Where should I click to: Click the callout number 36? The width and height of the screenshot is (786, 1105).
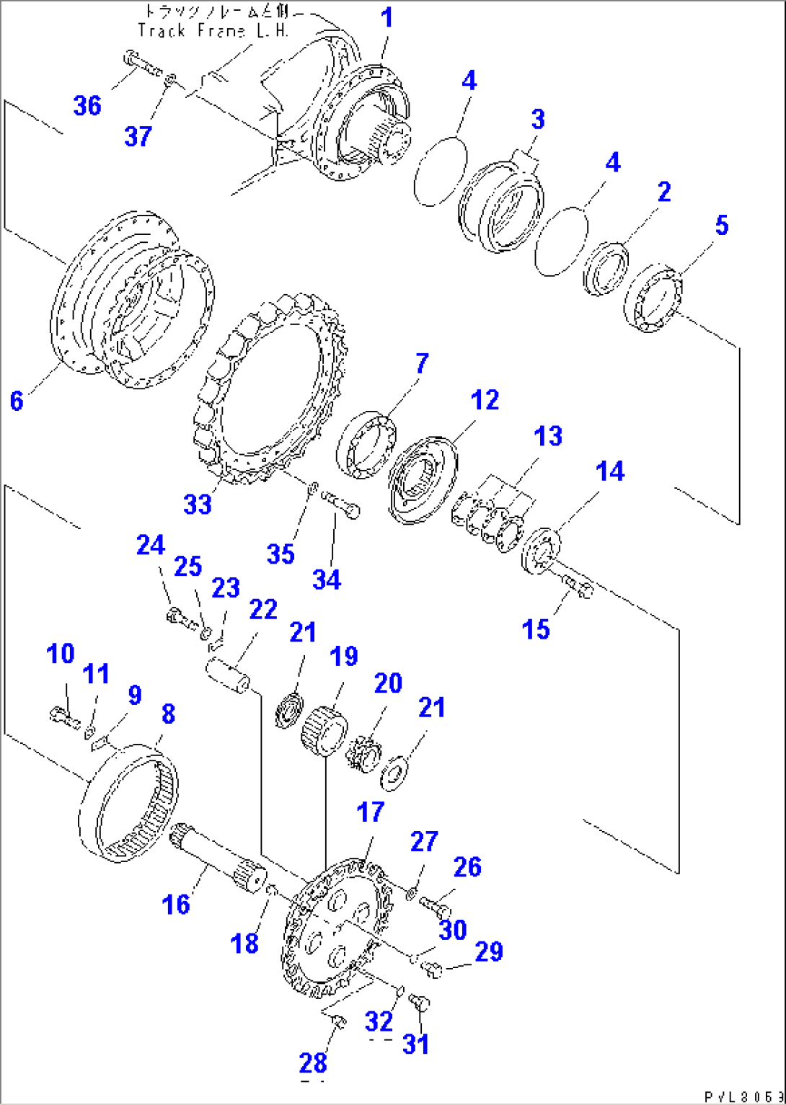87,106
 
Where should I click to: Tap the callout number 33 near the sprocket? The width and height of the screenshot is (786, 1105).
198,504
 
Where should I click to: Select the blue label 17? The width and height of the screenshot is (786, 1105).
371,812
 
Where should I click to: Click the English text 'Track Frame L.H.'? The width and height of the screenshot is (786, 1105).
213,31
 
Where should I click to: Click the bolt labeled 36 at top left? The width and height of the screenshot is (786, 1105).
142,64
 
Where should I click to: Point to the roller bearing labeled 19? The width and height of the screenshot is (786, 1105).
324,728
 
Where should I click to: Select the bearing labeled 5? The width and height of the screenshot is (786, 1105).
653,301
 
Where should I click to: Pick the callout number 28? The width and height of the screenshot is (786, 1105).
313,1063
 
